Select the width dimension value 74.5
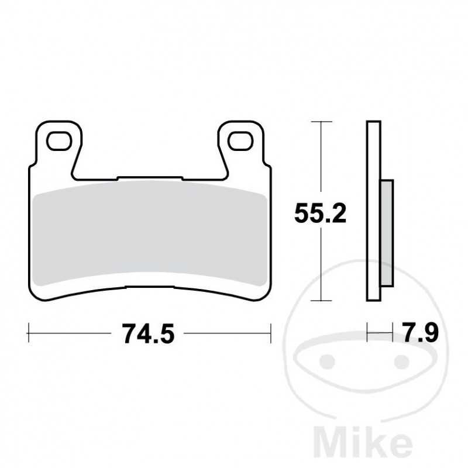tap(149, 334)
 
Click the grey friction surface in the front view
tap(149, 231)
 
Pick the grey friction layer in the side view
tap(387, 234)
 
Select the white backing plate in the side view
tap(374, 211)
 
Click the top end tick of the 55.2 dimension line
tap(321, 122)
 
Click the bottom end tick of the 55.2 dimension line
tap(321, 301)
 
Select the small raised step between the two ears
tap(149, 177)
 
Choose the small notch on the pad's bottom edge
tap(149, 287)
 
